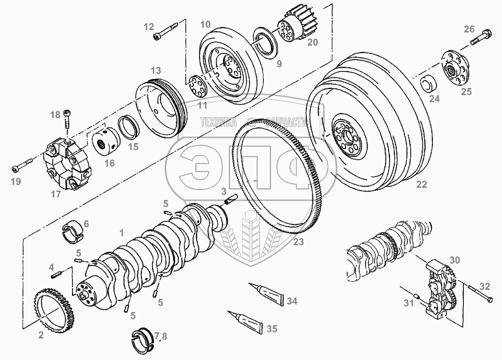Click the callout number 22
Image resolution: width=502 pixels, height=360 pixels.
(x=422, y=184)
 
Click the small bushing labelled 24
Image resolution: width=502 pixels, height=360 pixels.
(x=427, y=84)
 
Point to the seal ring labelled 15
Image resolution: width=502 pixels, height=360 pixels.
(x=128, y=128)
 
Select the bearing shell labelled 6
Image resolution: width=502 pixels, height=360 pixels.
(x=72, y=232)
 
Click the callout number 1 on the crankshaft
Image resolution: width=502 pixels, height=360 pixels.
(x=122, y=232)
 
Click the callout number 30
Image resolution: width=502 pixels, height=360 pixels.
(x=454, y=260)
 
